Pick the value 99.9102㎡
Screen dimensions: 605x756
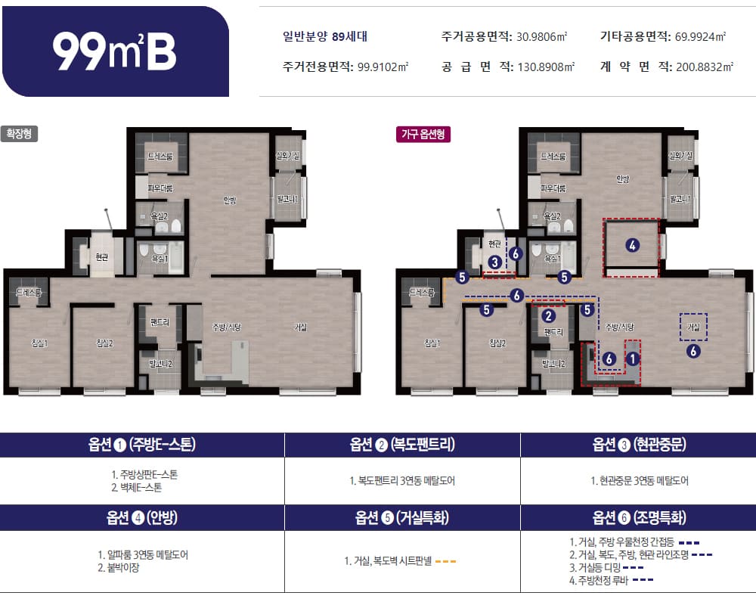(x=383, y=67)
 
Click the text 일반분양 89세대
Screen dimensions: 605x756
(x=325, y=36)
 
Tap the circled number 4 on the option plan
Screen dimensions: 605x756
(x=633, y=244)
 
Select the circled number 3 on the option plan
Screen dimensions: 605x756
(x=494, y=262)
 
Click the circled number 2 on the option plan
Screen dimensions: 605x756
(x=550, y=315)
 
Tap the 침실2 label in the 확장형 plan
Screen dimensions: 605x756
(x=105, y=343)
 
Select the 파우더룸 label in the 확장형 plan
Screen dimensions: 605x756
(x=160, y=188)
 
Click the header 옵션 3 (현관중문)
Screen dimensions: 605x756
(x=639, y=445)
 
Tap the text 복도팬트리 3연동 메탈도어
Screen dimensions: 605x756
(x=402, y=481)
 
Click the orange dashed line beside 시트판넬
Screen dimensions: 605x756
(x=446, y=561)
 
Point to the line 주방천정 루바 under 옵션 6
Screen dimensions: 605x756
(x=602, y=580)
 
